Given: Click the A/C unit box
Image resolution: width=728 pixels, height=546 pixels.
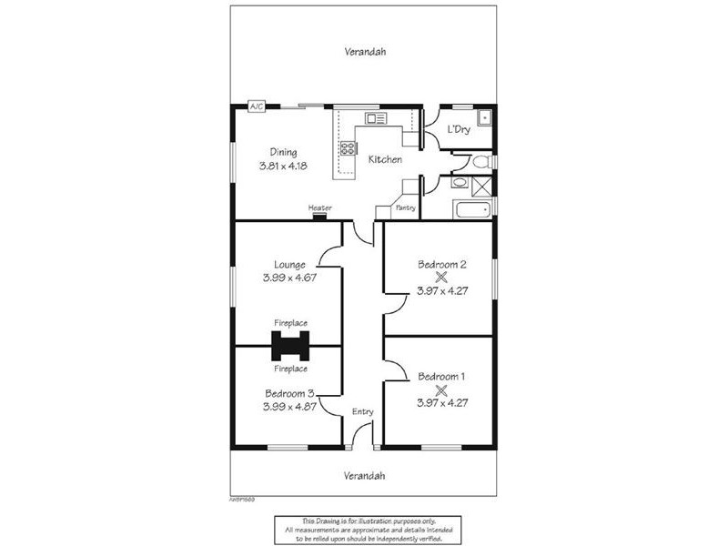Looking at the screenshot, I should (x=257, y=107).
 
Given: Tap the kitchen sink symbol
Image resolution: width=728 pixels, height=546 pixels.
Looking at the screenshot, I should (x=375, y=118).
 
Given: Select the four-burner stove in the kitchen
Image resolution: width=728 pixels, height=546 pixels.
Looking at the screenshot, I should (x=347, y=148).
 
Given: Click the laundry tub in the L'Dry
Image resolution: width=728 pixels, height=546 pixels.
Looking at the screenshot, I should (x=484, y=116).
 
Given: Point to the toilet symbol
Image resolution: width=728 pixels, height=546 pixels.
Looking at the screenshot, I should (x=482, y=162).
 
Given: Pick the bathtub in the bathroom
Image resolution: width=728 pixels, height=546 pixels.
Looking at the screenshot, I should (x=471, y=210).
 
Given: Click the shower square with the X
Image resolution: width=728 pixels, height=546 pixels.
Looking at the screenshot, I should (x=481, y=185).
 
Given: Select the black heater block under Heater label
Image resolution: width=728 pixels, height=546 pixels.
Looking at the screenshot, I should (x=319, y=217).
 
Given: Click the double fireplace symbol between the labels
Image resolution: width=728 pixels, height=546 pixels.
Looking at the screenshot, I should (x=290, y=346).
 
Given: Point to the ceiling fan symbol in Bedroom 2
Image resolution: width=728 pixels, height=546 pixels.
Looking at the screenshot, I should (x=441, y=278).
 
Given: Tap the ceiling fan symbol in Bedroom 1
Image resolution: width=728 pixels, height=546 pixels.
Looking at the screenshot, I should (x=441, y=389).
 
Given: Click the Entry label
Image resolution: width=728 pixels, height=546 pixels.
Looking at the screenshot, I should (x=363, y=412).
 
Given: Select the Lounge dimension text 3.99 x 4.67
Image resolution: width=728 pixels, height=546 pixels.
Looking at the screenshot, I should (x=288, y=278).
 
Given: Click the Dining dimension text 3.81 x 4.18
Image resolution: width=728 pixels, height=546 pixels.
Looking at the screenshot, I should (x=283, y=167).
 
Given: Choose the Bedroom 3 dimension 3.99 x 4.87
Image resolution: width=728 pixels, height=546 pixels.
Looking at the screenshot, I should (x=288, y=407).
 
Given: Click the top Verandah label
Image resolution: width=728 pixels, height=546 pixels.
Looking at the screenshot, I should (x=365, y=52).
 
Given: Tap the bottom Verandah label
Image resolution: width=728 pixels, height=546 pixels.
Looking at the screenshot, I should (x=365, y=476).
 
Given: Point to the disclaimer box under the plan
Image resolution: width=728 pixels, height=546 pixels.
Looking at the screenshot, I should (x=364, y=530).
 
